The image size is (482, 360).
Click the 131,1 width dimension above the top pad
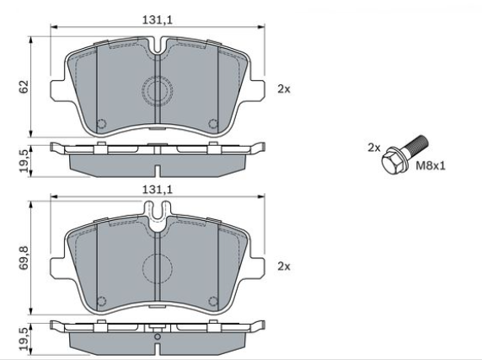pyautogui.click(x=157, y=20)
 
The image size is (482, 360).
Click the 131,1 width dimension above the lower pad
pyautogui.click(x=157, y=190)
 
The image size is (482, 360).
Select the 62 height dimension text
pyautogui.click(x=24, y=86)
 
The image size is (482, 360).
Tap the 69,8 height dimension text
pyautogui.click(x=24, y=258)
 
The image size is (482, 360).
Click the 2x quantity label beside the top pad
pyautogui.click(x=284, y=89)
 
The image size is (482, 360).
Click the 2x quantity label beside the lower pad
pyautogui.click(x=284, y=266)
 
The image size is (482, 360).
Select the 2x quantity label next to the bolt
pyautogui.click(x=374, y=148)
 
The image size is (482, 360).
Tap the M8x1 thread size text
pyautogui.click(x=431, y=166)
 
